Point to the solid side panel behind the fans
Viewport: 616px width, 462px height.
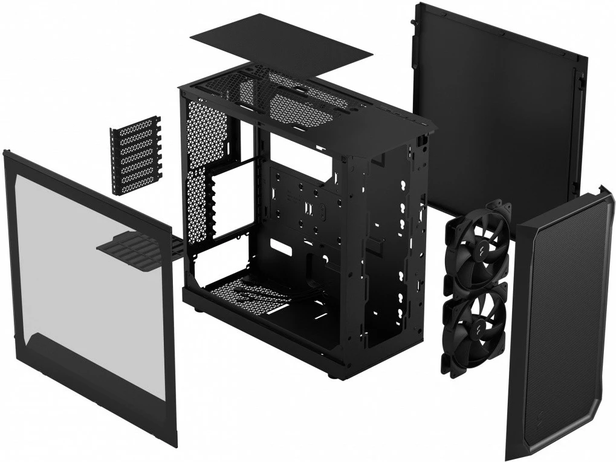[x=496, y=109]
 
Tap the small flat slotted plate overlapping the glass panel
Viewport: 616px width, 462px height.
[x=130, y=242]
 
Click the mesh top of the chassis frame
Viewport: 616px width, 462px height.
[x=284, y=97]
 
